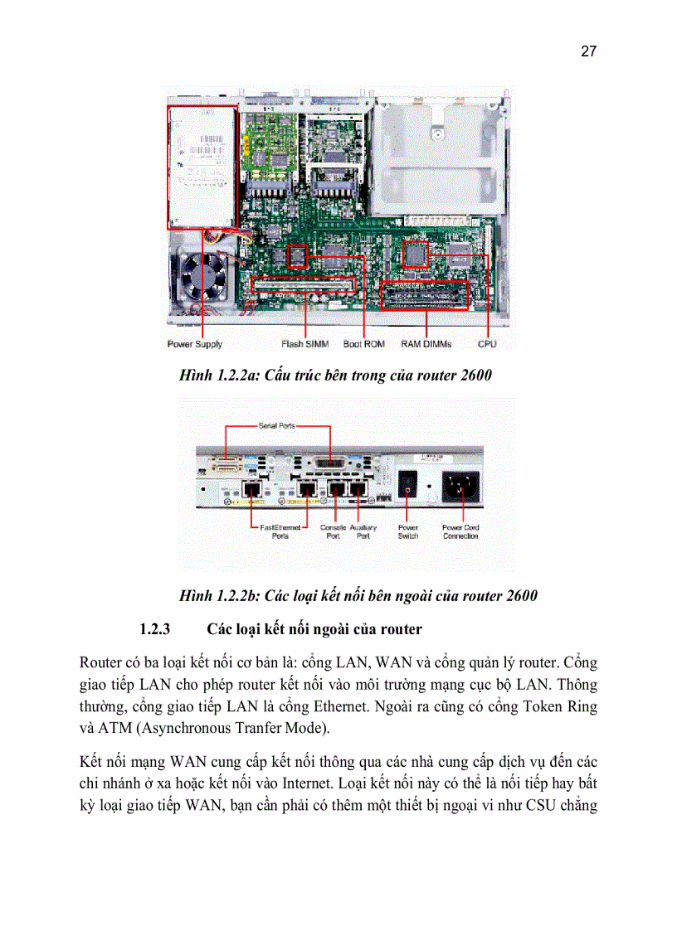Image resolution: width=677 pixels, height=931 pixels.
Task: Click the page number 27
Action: (588, 52)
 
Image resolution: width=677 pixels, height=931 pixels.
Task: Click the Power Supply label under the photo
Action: (195, 344)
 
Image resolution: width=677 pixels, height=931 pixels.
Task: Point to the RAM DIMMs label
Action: (426, 344)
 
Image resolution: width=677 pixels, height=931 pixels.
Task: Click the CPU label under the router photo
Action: (487, 344)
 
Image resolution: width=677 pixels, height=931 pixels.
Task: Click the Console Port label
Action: (333, 531)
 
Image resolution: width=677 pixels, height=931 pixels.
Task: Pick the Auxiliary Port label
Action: (363, 531)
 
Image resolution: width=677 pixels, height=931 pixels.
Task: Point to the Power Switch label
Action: (408, 531)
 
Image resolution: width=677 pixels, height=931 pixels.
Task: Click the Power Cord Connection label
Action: (460, 531)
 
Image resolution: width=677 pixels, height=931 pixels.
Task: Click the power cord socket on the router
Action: (460, 487)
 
